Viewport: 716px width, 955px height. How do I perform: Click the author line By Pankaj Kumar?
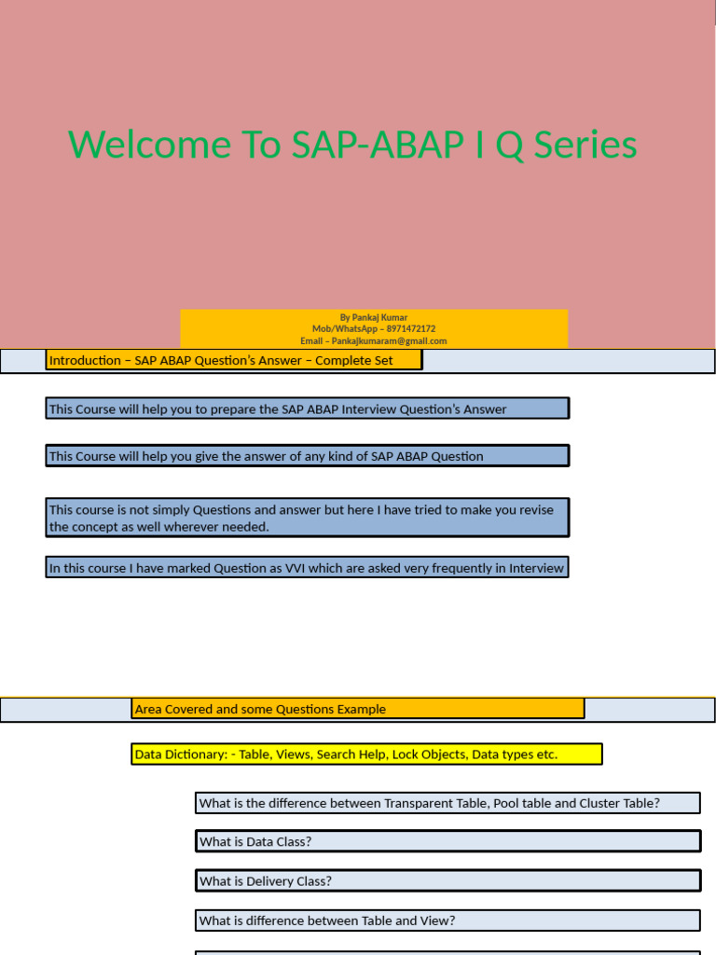[373, 317]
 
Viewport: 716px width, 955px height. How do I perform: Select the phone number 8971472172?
[406, 329]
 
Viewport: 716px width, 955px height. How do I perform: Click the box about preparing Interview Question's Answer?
[307, 408]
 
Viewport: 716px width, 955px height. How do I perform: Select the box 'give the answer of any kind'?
[307, 456]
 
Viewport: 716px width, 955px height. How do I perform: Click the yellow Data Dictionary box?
[366, 754]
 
